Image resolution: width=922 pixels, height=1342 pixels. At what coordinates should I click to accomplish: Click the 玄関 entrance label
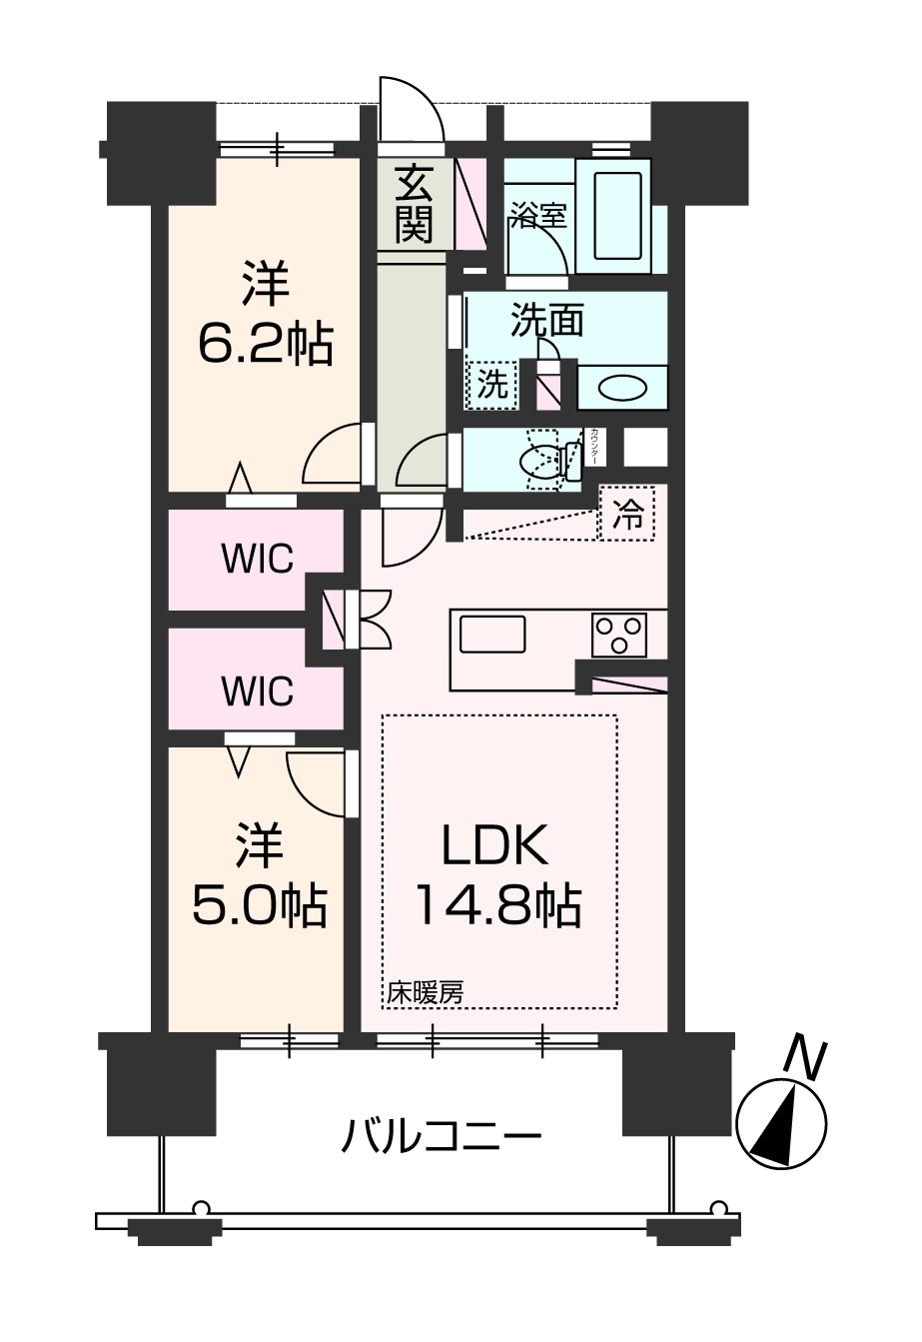pyautogui.click(x=412, y=205)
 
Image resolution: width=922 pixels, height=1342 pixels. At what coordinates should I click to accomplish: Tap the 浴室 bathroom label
pyautogui.click(x=538, y=215)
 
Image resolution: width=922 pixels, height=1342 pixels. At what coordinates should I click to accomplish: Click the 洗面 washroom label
pyautogui.click(x=546, y=321)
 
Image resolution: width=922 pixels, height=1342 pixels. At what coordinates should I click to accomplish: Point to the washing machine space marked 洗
pyautogui.click(x=491, y=384)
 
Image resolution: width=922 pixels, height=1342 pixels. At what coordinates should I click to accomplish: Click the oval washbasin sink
pyautogui.click(x=622, y=387)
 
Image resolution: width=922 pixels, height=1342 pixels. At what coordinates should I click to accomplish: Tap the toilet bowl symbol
pyautogui.click(x=545, y=460)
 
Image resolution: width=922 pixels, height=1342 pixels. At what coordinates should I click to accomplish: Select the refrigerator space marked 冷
pyautogui.click(x=627, y=514)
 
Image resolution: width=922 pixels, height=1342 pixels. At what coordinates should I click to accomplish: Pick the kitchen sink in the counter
pyautogui.click(x=491, y=635)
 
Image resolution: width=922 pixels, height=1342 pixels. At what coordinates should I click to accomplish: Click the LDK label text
pyautogui.click(x=495, y=846)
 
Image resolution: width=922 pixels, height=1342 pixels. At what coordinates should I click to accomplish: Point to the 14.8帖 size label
pyautogui.click(x=496, y=906)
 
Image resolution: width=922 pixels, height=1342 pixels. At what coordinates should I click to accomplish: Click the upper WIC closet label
pyautogui.click(x=257, y=560)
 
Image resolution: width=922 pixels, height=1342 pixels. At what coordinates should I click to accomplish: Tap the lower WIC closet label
pyautogui.click(x=257, y=689)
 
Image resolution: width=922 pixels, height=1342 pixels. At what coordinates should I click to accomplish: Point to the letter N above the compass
pyautogui.click(x=804, y=1058)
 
